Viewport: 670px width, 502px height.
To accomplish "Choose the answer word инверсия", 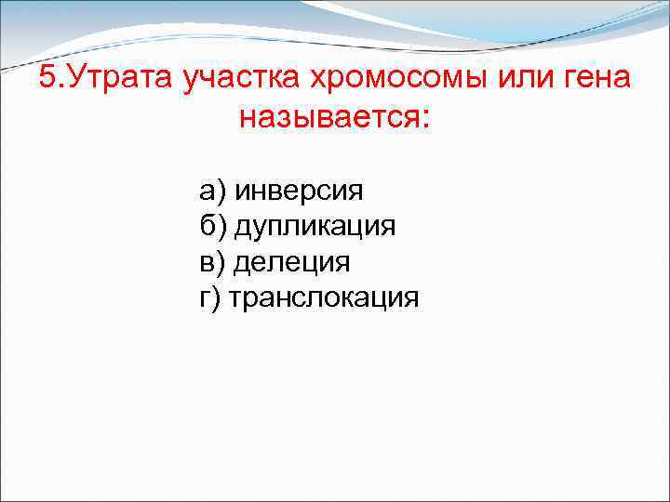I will (x=299, y=192).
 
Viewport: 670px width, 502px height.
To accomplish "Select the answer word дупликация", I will (x=315, y=227).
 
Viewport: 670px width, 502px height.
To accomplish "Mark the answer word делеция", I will (x=291, y=262).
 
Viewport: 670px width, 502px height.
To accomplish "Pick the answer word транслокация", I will (x=324, y=298).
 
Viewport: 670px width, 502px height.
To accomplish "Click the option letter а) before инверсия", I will (x=212, y=192).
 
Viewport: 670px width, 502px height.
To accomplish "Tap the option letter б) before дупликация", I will (x=212, y=227).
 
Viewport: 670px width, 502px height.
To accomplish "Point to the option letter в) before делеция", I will (x=212, y=262).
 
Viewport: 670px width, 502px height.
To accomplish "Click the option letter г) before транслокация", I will (x=210, y=298).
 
